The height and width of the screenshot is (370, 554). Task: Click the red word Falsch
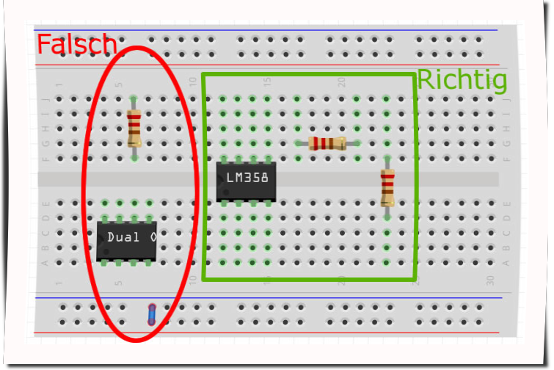[x=76, y=45]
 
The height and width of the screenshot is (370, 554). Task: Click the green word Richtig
[x=462, y=79]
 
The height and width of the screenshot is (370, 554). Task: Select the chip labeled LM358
[x=247, y=178]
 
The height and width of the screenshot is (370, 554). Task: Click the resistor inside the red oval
[x=134, y=128]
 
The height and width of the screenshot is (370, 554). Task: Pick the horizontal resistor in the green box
[x=327, y=143]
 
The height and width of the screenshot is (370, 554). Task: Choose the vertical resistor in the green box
[x=387, y=187]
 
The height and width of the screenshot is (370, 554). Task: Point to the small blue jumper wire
[x=152, y=313]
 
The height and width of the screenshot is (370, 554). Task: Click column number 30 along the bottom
[x=491, y=280]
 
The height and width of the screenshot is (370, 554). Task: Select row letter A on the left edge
[x=45, y=263]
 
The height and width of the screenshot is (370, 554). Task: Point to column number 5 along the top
[x=119, y=83]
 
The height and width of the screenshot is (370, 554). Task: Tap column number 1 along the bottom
[x=59, y=283]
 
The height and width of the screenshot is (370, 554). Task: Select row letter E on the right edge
[x=506, y=203]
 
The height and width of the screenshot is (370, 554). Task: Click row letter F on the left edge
[x=45, y=159]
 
